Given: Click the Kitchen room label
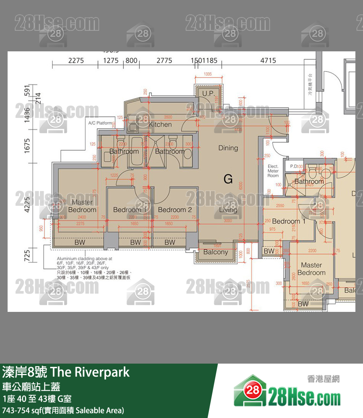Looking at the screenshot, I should click(x=160, y=124).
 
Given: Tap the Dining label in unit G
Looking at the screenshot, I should click(x=228, y=148).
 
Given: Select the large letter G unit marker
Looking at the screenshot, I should click(x=228, y=179).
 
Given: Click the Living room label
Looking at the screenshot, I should click(x=228, y=210).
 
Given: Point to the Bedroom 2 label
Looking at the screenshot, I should click(x=175, y=210).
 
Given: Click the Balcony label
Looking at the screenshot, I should click(x=216, y=252).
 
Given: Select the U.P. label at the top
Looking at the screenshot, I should click(x=208, y=93).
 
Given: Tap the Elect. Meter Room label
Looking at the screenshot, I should click(x=273, y=171).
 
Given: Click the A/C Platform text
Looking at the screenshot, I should click(x=100, y=123).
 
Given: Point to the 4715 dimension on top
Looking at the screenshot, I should click(x=268, y=60).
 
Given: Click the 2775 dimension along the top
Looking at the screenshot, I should click(x=164, y=60).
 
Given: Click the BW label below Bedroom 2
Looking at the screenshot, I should click(x=170, y=242).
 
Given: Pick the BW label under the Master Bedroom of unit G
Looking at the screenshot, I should click(x=80, y=242).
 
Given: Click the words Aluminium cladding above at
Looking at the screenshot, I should click(x=82, y=259).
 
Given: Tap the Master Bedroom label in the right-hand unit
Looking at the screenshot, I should click(x=311, y=269).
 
